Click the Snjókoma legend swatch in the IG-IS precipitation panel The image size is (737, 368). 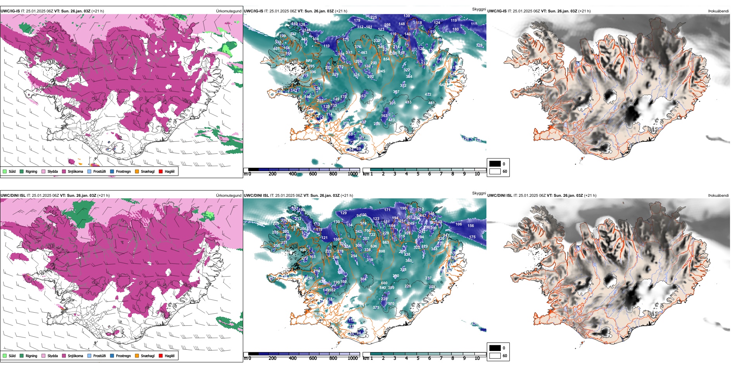click(64, 171)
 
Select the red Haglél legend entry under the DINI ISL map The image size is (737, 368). click(161, 356)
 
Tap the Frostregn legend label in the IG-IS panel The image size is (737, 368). click(123, 171)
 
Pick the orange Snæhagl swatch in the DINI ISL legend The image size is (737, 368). click(137, 356)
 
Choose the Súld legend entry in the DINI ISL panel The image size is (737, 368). click(12, 356)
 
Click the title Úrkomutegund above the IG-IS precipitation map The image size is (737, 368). click(228, 11)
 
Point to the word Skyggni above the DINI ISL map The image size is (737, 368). click(479, 193)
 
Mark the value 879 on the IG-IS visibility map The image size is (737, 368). click(309, 61)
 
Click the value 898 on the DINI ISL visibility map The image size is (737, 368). click(382, 251)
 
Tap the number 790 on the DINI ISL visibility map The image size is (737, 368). click(367, 231)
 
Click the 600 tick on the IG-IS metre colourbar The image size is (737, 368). click(313, 174)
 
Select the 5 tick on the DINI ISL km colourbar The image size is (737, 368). click(418, 358)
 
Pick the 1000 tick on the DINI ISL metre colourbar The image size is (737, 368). click(353, 358)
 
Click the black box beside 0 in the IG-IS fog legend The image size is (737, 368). click(495, 164)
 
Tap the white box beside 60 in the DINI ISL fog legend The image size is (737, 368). click(495, 356)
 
